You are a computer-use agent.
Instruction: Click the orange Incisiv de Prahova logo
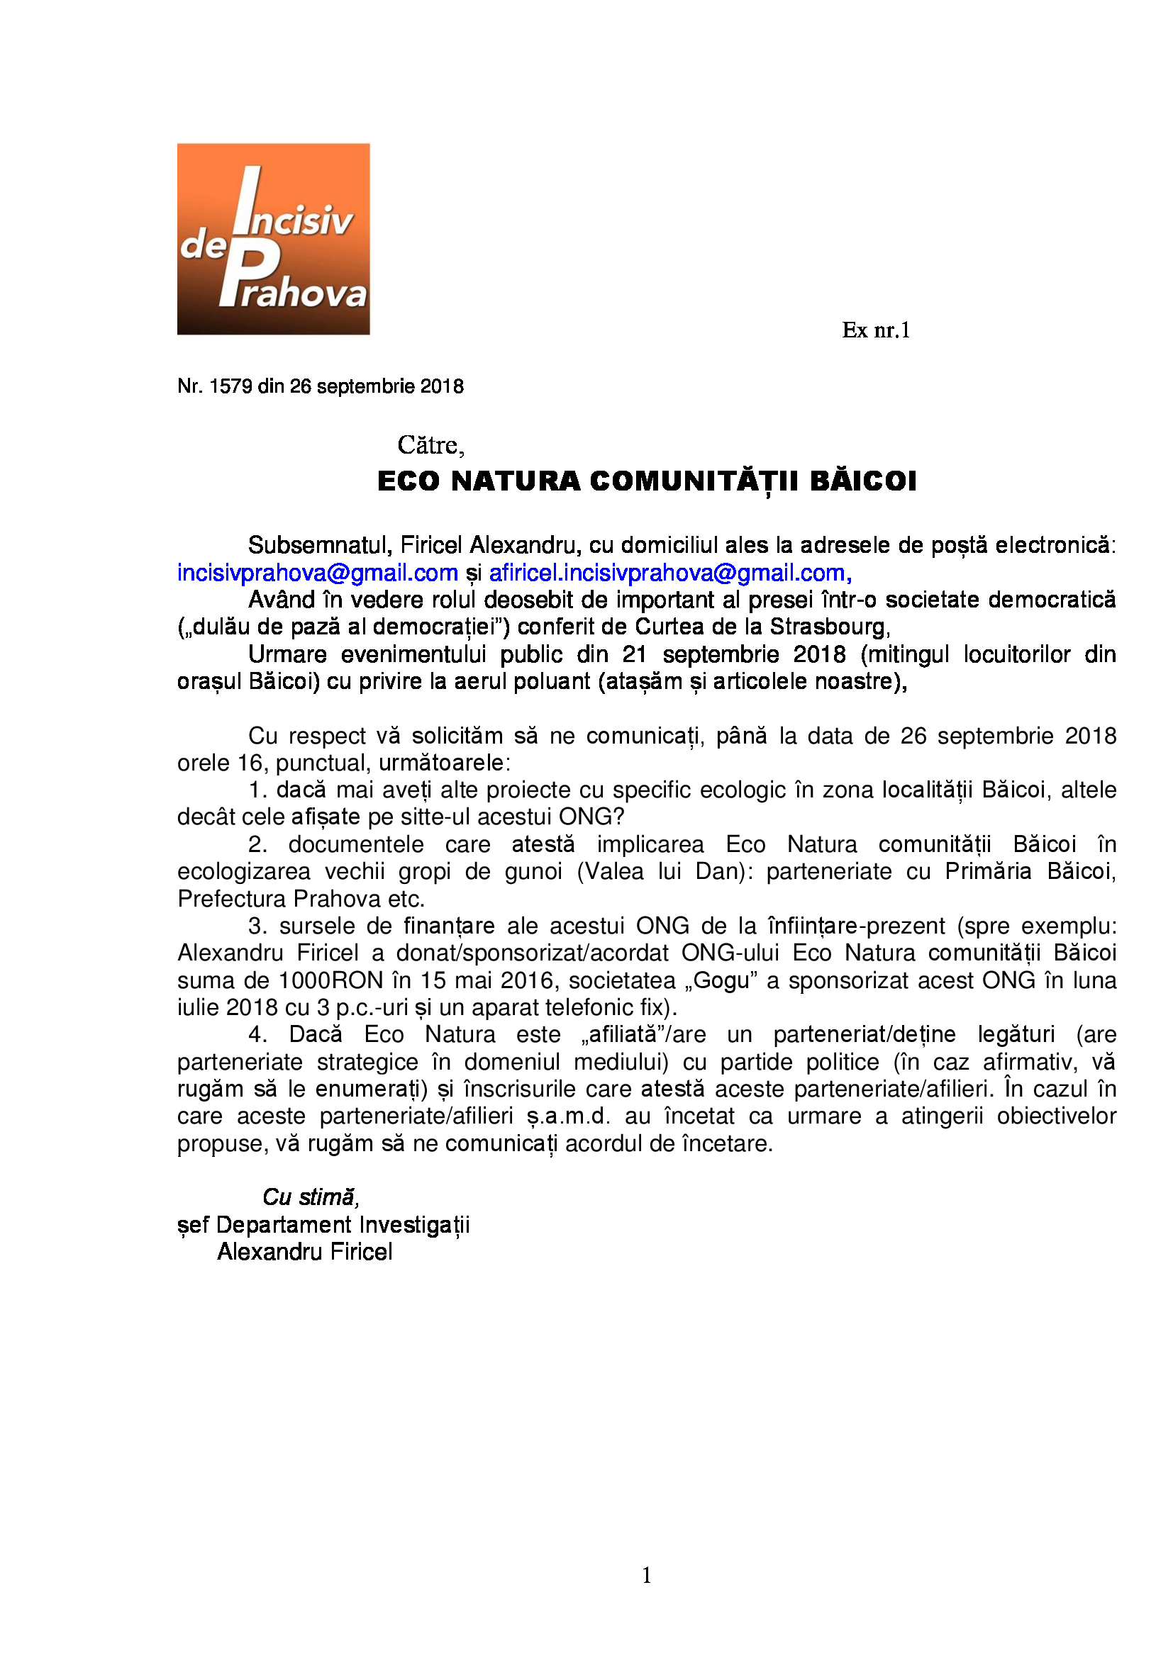pyautogui.click(x=273, y=239)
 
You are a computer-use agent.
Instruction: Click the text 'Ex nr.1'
pyautogui.click(x=875, y=330)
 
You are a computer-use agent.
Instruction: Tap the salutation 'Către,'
pyautogui.click(x=430, y=445)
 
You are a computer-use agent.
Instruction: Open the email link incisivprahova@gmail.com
pyautogui.click(x=318, y=573)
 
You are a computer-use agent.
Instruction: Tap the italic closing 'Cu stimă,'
pyautogui.click(x=311, y=1197)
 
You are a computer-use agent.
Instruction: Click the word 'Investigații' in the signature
pyautogui.click(x=415, y=1225)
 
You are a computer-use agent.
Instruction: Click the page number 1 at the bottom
pyautogui.click(x=647, y=1575)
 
